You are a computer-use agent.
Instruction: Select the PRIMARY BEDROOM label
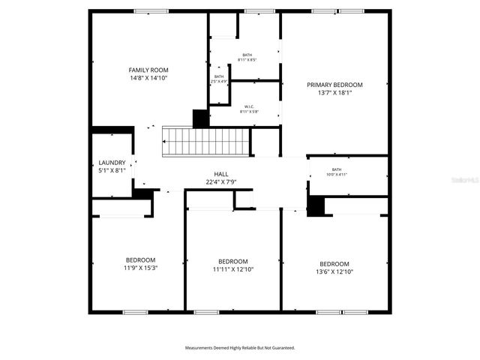[x=334, y=85]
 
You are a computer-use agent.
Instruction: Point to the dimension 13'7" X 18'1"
[x=334, y=93]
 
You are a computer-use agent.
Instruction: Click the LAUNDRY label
[x=112, y=163]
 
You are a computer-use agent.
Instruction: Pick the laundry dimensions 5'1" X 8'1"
[x=112, y=170]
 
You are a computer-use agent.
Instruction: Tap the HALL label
[x=221, y=174]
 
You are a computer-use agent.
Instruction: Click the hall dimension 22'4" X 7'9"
[x=221, y=182]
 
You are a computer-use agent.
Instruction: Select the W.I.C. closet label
[x=247, y=106]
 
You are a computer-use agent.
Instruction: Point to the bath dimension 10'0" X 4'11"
[x=337, y=175]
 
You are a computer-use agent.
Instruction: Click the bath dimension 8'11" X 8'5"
[x=247, y=59]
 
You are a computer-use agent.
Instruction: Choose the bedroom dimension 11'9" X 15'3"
[x=140, y=268]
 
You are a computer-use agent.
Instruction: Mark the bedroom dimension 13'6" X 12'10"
[x=334, y=271]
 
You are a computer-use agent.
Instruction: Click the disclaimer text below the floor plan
[x=240, y=348]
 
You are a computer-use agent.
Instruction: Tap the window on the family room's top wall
[x=151, y=11]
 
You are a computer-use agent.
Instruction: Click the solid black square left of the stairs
[x=200, y=118]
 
